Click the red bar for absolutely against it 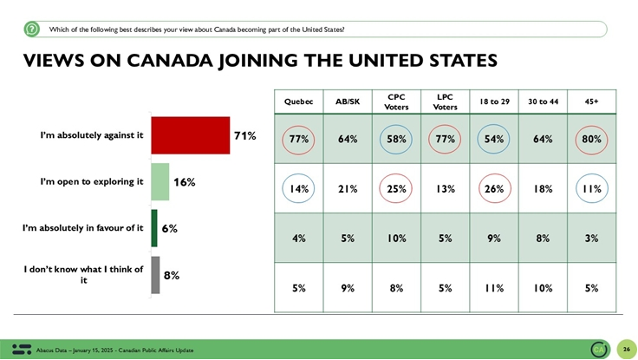(190, 135)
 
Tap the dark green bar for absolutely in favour (154, 228)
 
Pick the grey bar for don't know (155, 275)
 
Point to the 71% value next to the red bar (244, 135)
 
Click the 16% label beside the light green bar (184, 182)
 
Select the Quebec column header (299, 101)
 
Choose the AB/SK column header (348, 101)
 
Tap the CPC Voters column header (396, 101)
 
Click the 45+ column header (591, 101)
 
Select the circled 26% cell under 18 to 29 (494, 189)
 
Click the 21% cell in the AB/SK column (348, 189)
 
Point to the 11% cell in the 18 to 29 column (494, 288)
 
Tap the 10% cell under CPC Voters (396, 239)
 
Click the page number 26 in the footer (626, 350)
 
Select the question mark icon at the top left (32, 29)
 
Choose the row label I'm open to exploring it (91, 182)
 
